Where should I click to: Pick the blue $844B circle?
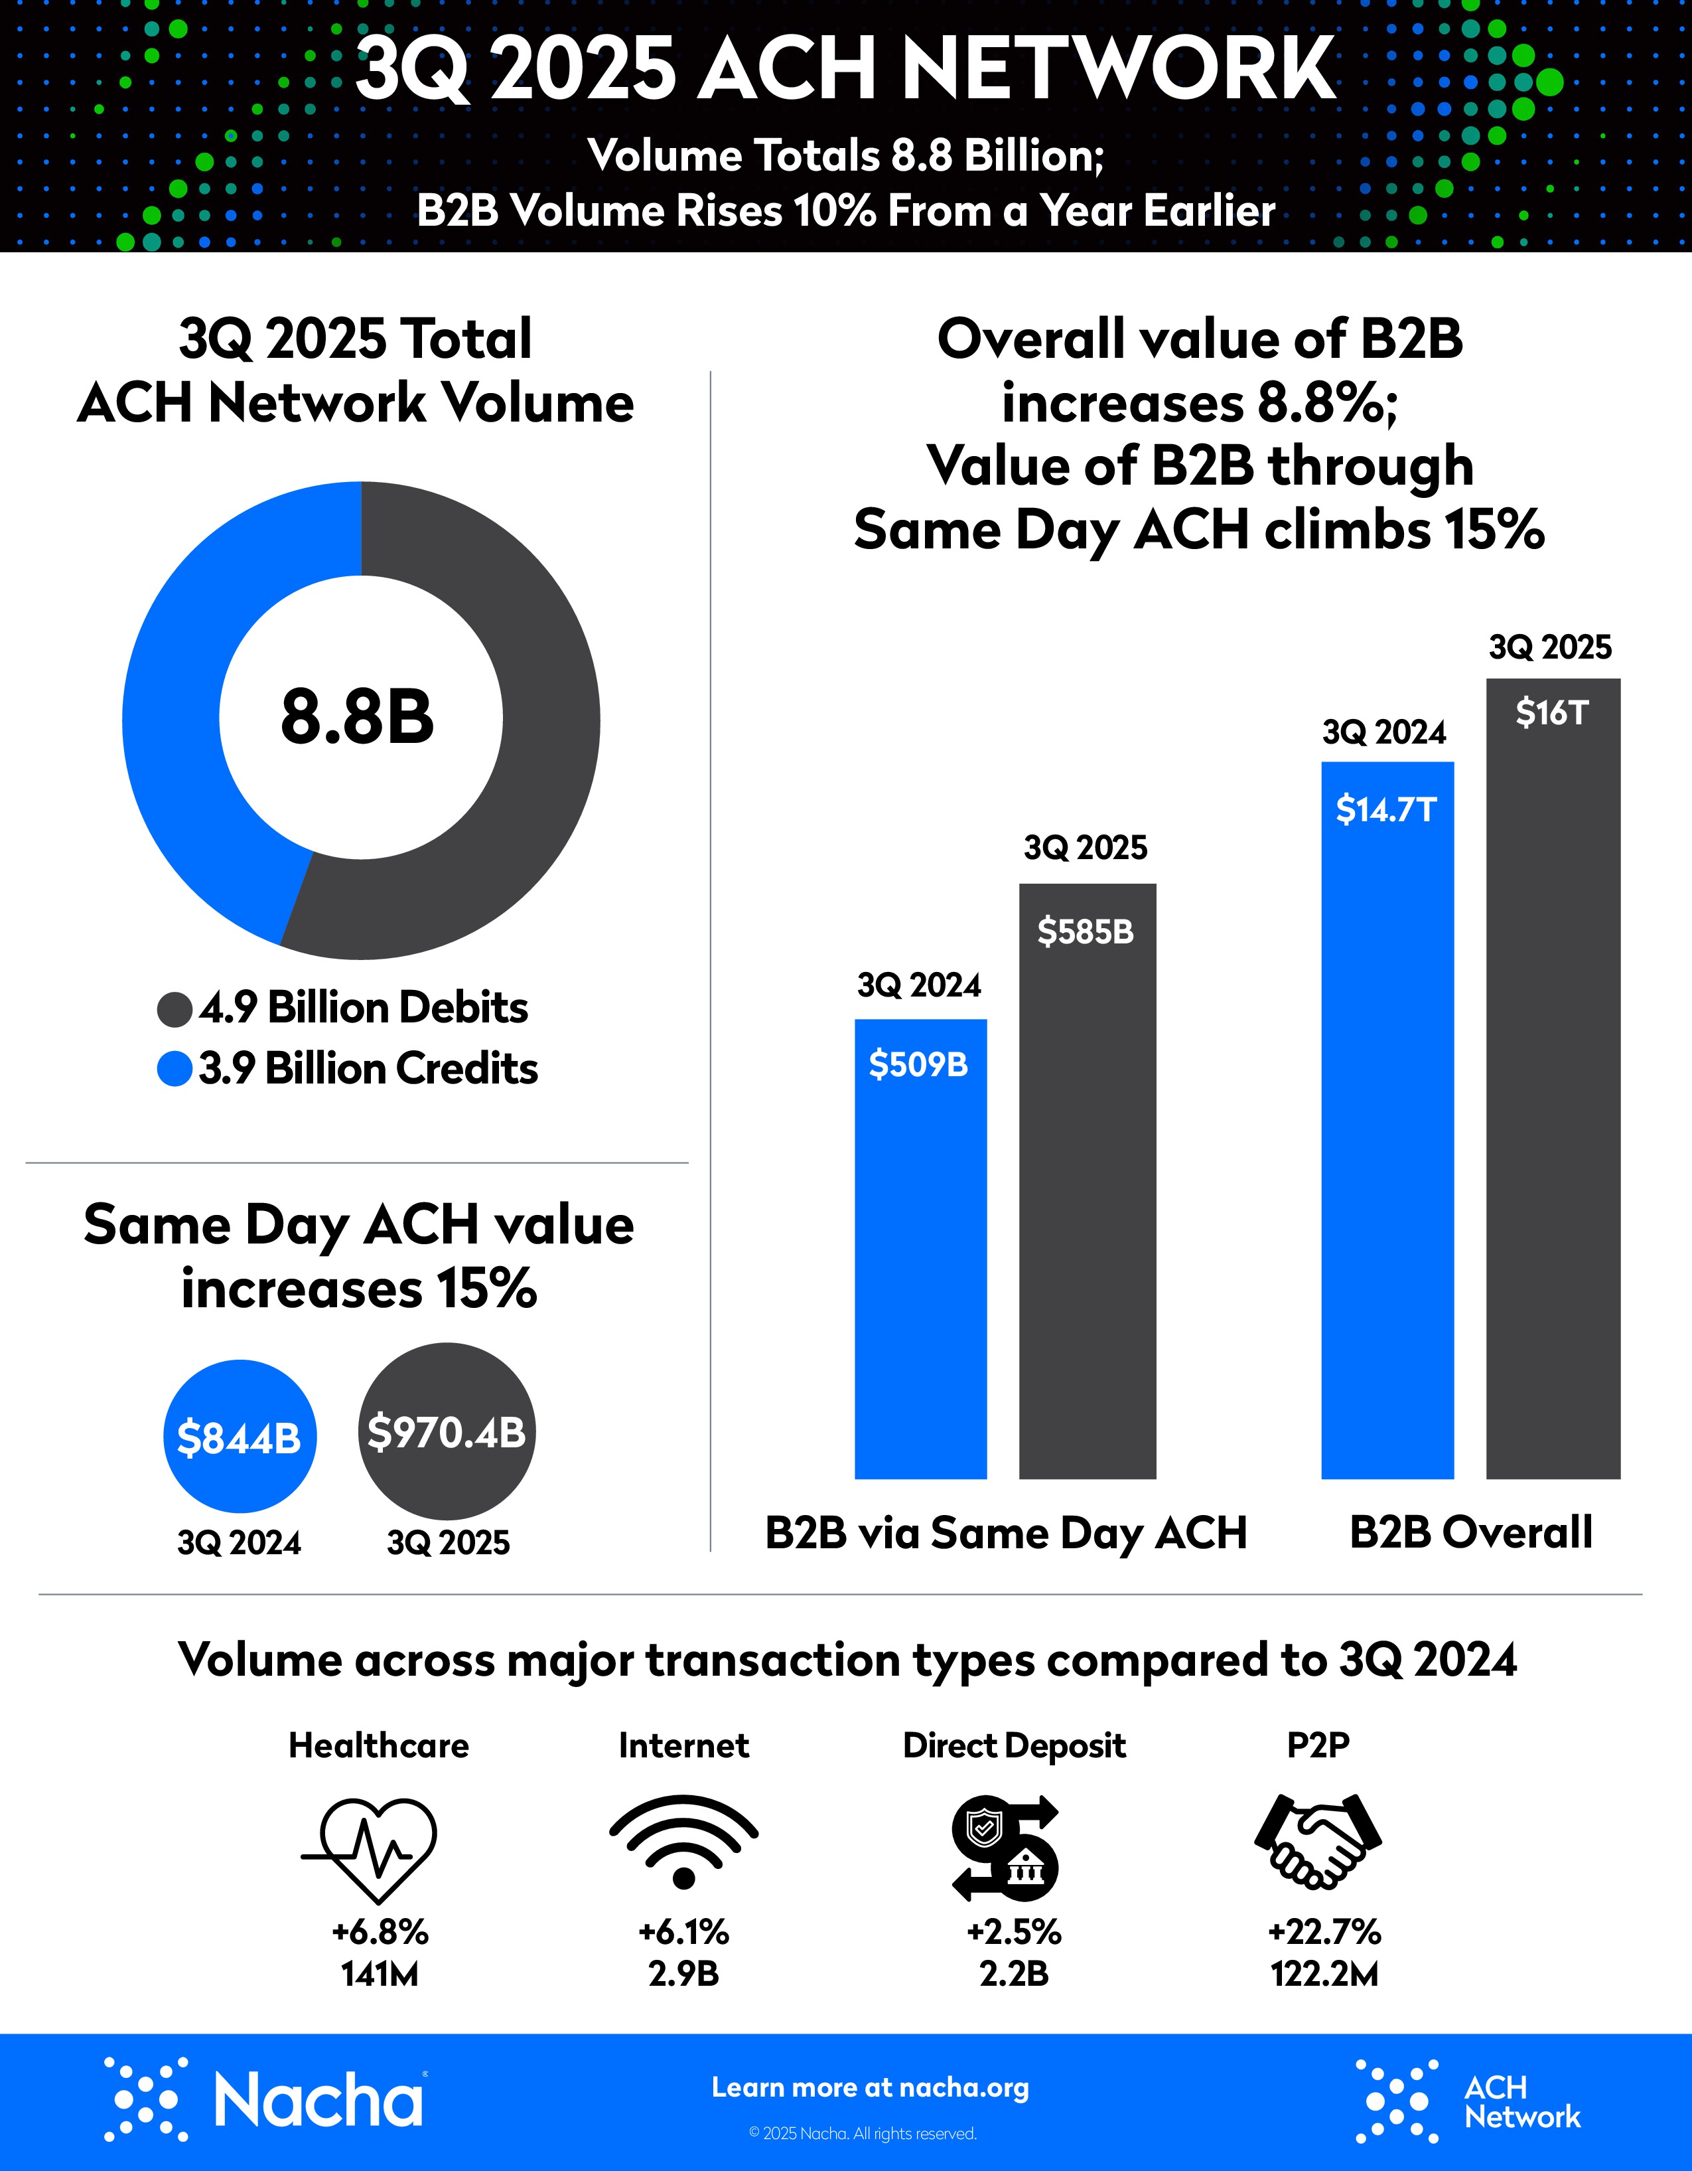coord(240,1437)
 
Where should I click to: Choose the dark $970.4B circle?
coord(446,1431)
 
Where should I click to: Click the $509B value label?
coord(919,1065)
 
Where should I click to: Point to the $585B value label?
coord(1086,931)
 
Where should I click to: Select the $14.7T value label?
coord(1386,809)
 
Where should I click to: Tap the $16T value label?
coord(1552,713)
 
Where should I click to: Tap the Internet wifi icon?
coord(683,1841)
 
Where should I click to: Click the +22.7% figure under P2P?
coord(1324,1931)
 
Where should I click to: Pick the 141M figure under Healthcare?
coord(380,1973)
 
